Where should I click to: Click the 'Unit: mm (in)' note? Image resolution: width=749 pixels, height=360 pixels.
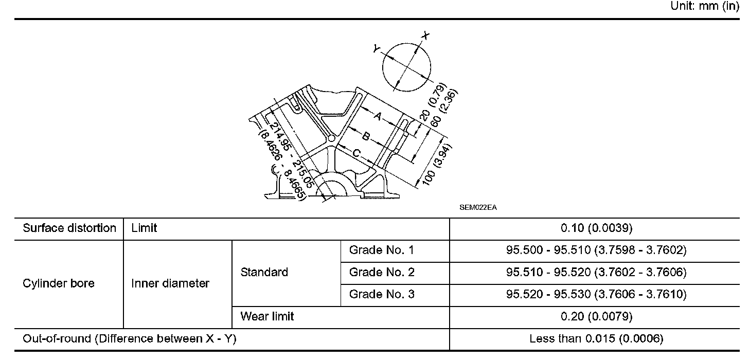click(x=705, y=7)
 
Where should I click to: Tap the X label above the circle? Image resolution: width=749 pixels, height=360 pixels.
click(x=425, y=35)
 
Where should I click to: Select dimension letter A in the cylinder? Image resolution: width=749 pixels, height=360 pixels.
click(x=378, y=117)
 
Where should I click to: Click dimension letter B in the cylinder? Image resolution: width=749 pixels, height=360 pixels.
click(x=366, y=136)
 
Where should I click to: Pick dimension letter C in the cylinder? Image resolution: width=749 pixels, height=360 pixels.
click(x=356, y=153)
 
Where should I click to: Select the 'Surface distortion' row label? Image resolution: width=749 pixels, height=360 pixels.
click(x=69, y=228)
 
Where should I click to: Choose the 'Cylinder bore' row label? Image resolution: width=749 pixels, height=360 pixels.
click(x=59, y=283)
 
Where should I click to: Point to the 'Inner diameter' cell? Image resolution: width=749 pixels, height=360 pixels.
click(x=170, y=283)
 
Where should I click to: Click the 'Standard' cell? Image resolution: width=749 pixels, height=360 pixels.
click(x=264, y=272)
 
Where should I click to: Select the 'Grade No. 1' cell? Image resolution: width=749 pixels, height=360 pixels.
click(x=381, y=250)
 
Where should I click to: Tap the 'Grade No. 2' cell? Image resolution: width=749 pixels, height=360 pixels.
click(x=381, y=272)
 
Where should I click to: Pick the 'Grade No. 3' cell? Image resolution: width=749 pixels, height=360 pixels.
click(x=381, y=294)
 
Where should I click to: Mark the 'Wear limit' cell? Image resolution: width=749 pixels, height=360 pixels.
click(x=267, y=316)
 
